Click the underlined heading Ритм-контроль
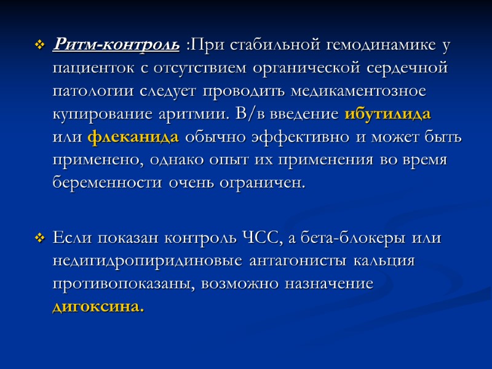[x=117, y=45]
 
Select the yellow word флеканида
[x=133, y=137]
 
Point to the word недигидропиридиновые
[x=149, y=261]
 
